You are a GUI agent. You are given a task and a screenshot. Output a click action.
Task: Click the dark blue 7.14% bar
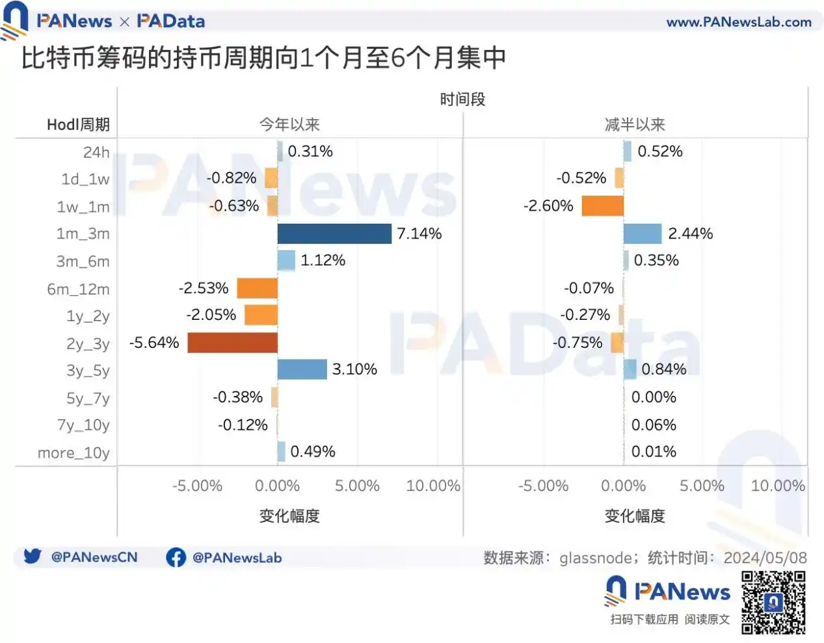click(334, 233)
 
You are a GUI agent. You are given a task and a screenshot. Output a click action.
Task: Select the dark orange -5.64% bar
click(232, 343)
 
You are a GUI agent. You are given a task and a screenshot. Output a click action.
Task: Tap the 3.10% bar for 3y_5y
click(302, 369)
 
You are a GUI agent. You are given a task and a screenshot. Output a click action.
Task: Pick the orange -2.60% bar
click(602, 206)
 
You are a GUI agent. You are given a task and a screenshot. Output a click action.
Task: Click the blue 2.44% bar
click(643, 233)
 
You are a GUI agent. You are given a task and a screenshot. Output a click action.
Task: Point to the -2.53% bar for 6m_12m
click(257, 288)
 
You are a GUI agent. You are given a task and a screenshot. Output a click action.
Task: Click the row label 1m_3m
click(83, 234)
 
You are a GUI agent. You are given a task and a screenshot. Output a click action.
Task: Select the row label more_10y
click(73, 453)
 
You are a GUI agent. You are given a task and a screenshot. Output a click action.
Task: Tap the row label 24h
click(96, 152)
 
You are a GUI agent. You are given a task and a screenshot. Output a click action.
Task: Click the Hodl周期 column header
click(78, 124)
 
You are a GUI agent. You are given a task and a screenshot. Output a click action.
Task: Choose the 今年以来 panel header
click(289, 124)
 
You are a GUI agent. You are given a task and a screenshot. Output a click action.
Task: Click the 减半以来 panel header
click(635, 124)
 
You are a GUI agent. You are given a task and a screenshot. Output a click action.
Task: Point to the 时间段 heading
click(462, 99)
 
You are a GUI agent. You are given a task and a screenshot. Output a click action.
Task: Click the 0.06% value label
click(654, 425)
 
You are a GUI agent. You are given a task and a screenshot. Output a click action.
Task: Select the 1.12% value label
click(323, 261)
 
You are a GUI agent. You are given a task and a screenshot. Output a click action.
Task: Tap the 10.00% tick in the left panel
click(432, 486)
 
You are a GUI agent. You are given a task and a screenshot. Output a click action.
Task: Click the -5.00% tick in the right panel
click(543, 486)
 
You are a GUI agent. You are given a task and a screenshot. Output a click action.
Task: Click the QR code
click(773, 602)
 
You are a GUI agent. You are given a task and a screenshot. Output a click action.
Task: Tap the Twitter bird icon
click(33, 557)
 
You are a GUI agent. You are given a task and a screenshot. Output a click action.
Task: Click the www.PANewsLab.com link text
click(739, 22)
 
